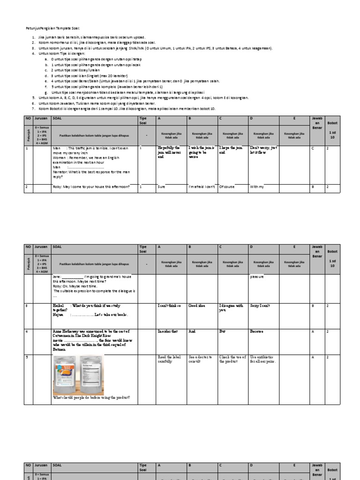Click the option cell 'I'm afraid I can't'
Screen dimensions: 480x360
click(x=202, y=187)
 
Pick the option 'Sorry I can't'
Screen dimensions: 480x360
click(x=260, y=306)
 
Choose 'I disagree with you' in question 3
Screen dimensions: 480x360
click(x=231, y=307)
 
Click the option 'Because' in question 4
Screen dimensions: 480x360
click(x=257, y=331)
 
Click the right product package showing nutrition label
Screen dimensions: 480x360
click(x=96, y=375)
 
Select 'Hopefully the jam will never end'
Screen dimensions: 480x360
click(x=168, y=152)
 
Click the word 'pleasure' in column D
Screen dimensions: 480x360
click(x=258, y=277)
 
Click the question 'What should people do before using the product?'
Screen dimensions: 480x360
click(x=91, y=398)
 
